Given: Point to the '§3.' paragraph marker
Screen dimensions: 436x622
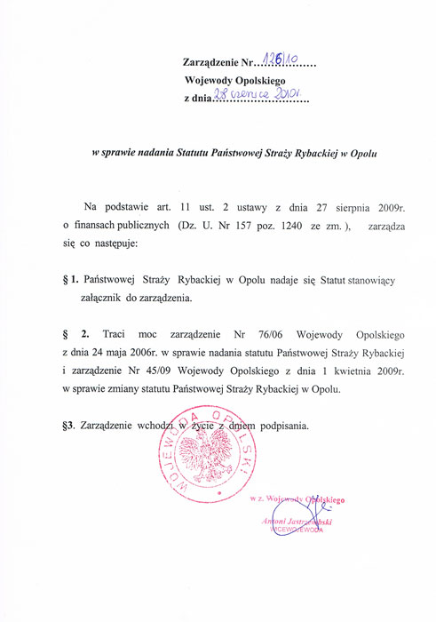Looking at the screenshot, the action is click(74, 426).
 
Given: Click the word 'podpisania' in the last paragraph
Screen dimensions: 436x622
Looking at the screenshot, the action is click(281, 426).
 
